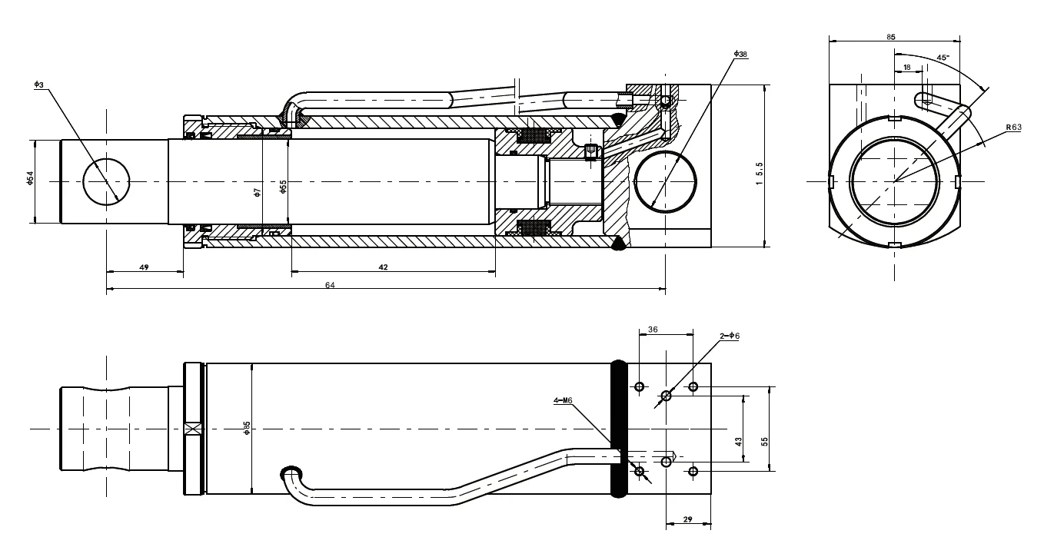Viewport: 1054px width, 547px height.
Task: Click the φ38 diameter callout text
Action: click(x=741, y=54)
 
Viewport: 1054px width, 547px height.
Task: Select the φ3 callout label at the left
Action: click(x=39, y=84)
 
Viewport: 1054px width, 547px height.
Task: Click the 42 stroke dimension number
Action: click(x=384, y=267)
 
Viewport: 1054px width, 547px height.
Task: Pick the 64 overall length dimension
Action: click(x=331, y=285)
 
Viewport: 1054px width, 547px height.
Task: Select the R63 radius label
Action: click(x=1012, y=127)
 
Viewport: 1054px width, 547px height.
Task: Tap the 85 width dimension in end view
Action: click(x=891, y=36)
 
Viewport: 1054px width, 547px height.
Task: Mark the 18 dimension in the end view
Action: click(x=907, y=68)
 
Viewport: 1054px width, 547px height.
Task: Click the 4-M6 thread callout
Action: click(x=563, y=400)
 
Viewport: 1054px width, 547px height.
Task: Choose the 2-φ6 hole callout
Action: click(x=729, y=336)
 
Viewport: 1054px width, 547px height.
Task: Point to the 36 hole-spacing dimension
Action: click(x=653, y=329)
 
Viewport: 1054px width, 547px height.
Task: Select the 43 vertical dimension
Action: click(x=739, y=443)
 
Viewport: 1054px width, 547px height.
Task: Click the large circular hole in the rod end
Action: click(x=107, y=181)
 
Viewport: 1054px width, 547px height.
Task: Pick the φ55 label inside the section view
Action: click(x=283, y=187)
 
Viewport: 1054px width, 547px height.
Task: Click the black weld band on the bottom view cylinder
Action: click(x=619, y=429)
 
